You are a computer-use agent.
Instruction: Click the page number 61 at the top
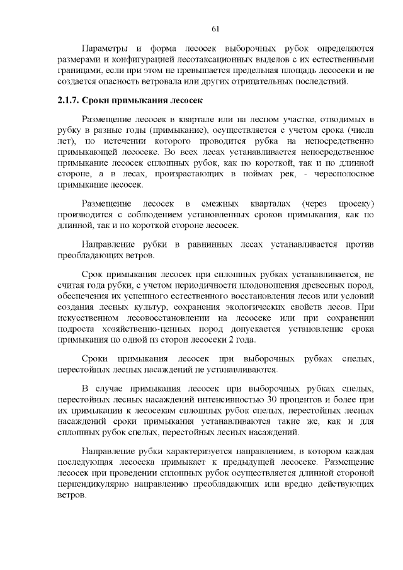coord(215,28)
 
